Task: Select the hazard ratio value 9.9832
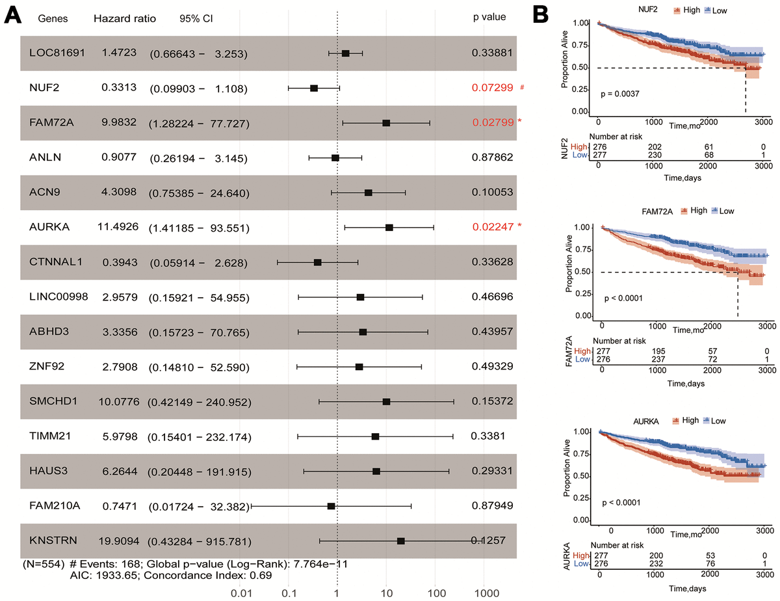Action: pyautogui.click(x=119, y=122)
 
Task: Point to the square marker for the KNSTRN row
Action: pyautogui.click(x=401, y=541)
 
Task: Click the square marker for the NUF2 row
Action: pyautogui.click(x=314, y=88)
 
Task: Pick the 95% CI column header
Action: pyautogui.click(x=196, y=18)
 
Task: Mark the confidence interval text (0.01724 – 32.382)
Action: pyautogui.click(x=198, y=506)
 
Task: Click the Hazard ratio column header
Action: pyautogui.click(x=125, y=18)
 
